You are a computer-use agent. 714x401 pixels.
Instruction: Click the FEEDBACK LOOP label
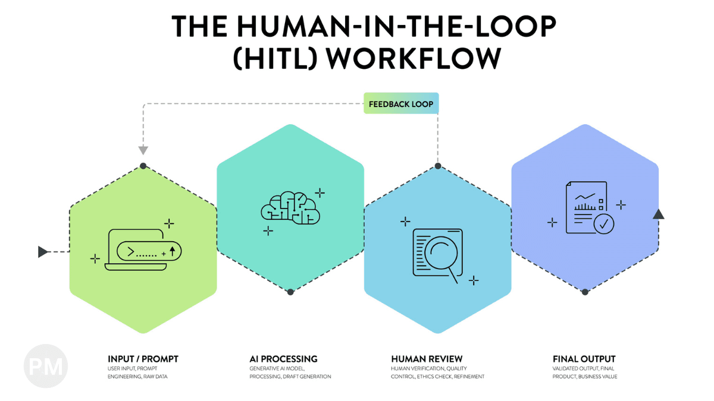coord(401,104)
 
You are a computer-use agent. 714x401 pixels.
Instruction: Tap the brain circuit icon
coord(290,207)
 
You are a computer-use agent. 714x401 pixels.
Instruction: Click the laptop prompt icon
coord(143,251)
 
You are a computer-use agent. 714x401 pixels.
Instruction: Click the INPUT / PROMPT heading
coord(143,359)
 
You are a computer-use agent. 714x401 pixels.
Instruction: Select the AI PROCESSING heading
coord(283,359)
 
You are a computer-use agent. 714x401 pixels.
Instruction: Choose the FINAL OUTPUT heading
coord(584,359)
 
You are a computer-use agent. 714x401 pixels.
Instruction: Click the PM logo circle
coord(46,366)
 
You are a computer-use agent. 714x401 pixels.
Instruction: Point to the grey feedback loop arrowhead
coord(143,150)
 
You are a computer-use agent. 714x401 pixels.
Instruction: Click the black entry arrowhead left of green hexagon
coord(43,252)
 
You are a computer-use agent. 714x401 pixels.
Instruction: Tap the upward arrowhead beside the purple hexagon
coord(658,214)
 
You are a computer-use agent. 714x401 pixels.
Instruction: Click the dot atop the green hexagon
coord(143,166)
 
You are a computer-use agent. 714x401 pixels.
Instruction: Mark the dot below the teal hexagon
coord(290,292)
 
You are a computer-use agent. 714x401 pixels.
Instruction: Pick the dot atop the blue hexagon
coord(438,166)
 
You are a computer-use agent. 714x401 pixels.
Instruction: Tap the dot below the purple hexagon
coord(585,292)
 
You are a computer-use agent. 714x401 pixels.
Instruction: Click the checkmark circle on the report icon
coord(604,225)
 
